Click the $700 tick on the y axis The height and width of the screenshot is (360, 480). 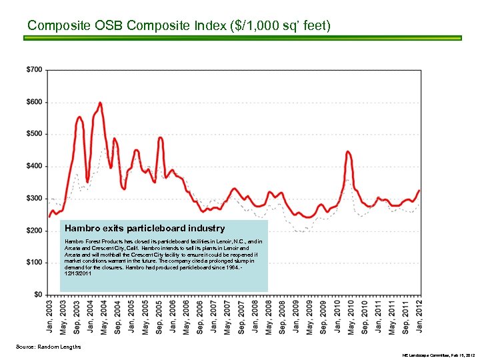[35, 70]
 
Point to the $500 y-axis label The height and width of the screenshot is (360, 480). [35, 134]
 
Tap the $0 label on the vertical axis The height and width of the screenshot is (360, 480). [38, 295]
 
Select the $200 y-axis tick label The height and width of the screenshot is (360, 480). [35, 231]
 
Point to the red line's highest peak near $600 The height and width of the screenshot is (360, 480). [100, 103]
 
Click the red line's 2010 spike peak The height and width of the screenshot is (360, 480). [348, 151]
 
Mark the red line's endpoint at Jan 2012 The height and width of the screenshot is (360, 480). [419, 191]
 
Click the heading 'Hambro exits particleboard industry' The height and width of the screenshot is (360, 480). [145, 229]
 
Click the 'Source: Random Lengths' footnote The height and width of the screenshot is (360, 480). [48, 347]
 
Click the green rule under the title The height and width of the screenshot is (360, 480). [242, 39]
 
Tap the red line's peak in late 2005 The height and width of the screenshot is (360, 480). [161, 138]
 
